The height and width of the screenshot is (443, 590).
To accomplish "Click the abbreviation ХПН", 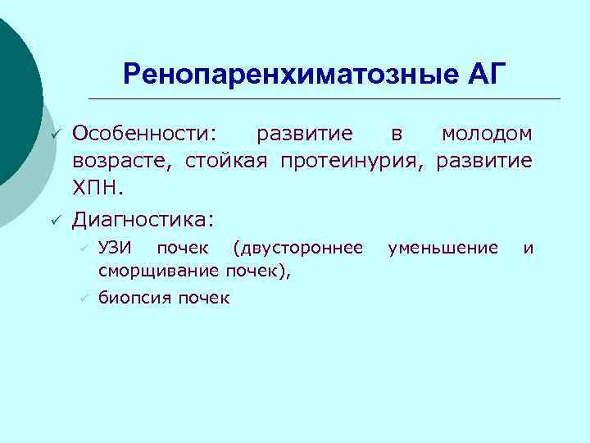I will (x=98, y=188).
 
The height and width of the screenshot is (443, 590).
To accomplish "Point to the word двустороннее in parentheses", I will (x=297, y=247).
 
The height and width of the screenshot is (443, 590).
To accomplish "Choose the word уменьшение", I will (x=442, y=247).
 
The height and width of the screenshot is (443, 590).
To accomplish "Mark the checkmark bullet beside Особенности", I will (x=55, y=133).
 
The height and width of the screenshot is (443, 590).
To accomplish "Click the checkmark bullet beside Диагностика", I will (x=55, y=219).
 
